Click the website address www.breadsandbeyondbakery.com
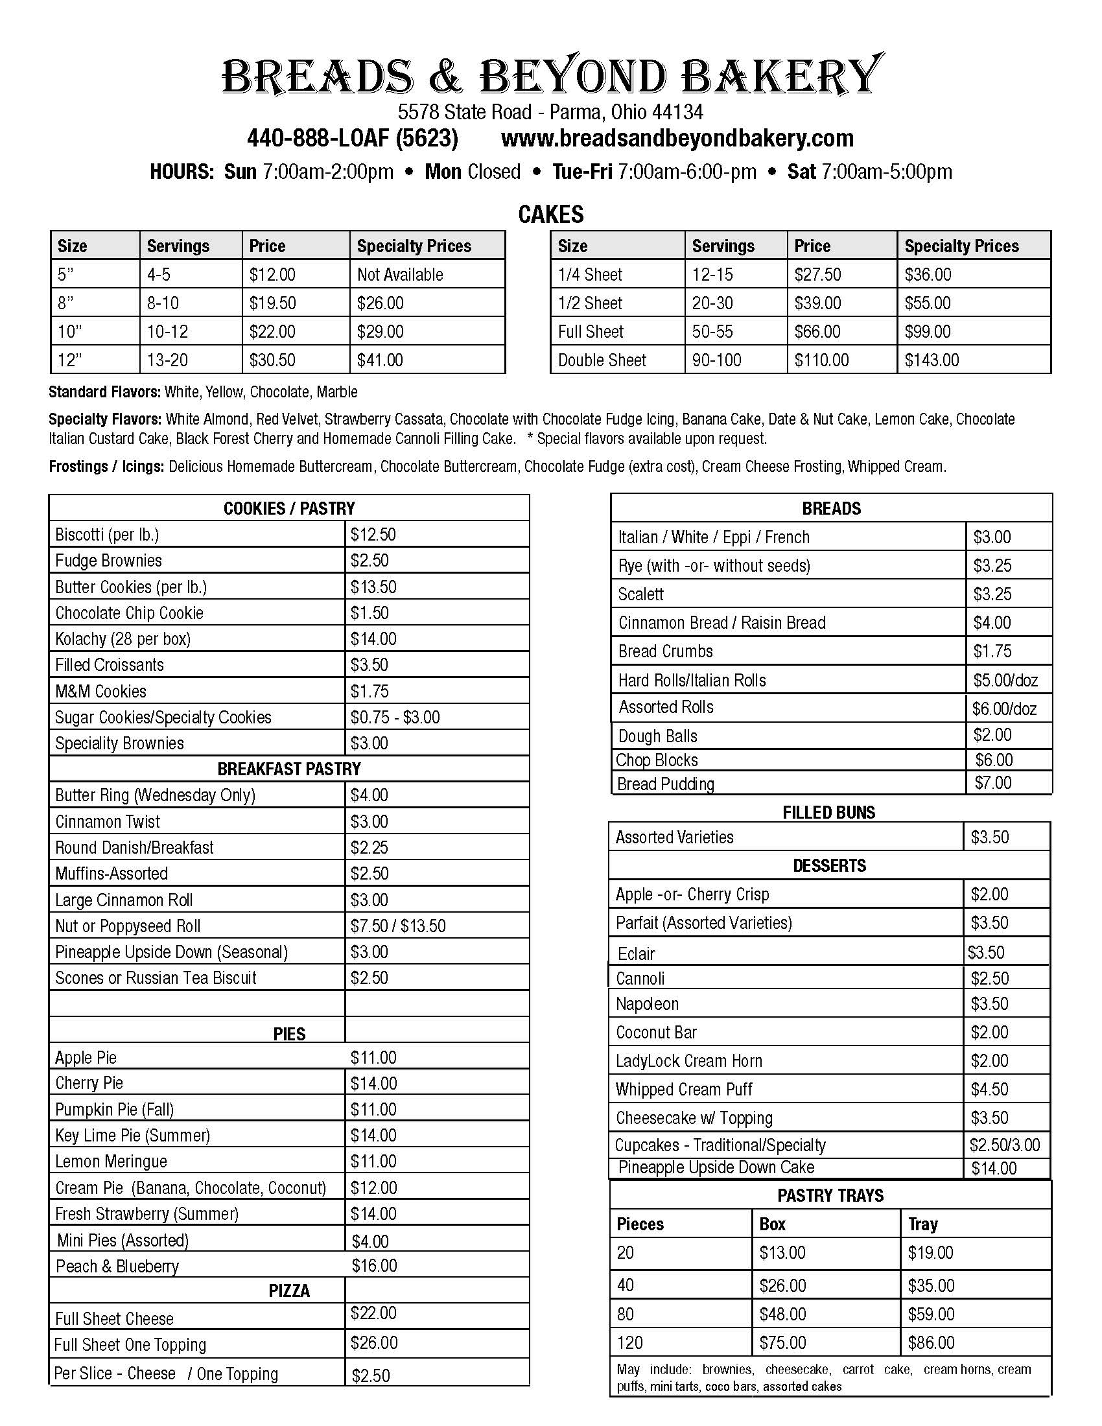[x=677, y=139]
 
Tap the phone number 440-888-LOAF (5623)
[x=353, y=139]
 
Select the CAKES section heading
[x=551, y=214]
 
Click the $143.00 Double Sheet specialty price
[x=932, y=360]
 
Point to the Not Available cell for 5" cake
[x=399, y=274]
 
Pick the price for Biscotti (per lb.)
[x=373, y=535]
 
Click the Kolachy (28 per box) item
[x=123, y=638]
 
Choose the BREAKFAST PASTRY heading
[x=288, y=769]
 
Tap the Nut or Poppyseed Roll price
[x=397, y=926]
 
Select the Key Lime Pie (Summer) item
[x=132, y=1135]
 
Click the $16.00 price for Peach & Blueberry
[x=374, y=1265]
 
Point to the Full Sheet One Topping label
[x=130, y=1344]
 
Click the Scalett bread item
[x=640, y=594]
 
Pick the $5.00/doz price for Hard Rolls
[x=1005, y=681]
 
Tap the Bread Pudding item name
[x=665, y=784]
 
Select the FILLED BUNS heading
[x=829, y=812]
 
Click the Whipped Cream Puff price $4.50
[x=989, y=1089]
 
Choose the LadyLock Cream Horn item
[x=688, y=1060]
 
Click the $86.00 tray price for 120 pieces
[x=931, y=1342]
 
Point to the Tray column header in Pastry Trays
[x=922, y=1224]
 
